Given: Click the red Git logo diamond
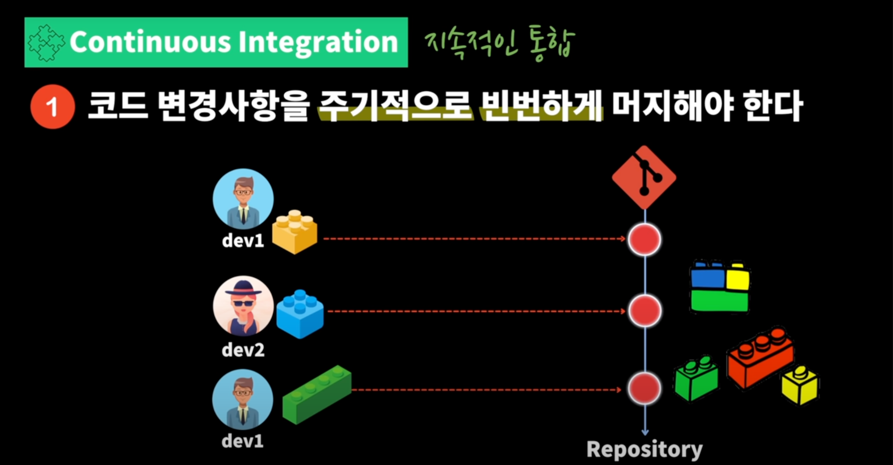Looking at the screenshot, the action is [644, 177].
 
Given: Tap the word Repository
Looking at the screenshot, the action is [644, 450].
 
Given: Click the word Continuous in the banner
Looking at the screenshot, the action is [150, 42].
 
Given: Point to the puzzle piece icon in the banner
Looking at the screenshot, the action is [46, 43].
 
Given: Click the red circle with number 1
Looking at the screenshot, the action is [53, 107].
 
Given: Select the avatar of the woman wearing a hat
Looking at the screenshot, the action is [243, 306].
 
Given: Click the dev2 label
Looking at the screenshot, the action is [243, 350].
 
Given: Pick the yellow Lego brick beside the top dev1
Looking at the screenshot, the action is [294, 231].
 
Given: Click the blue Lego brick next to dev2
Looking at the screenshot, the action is [300, 314].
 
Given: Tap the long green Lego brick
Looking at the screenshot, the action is [317, 394].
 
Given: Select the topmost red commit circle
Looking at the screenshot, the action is [644, 239].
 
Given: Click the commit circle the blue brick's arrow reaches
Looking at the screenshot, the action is [645, 310].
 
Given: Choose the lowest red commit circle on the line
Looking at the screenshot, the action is [644, 388].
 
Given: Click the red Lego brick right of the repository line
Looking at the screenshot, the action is [760, 356].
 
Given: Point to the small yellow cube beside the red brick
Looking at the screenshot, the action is [800, 385].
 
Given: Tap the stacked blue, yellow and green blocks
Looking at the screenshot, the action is [720, 287].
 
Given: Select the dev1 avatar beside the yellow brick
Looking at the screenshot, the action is [243, 198].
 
